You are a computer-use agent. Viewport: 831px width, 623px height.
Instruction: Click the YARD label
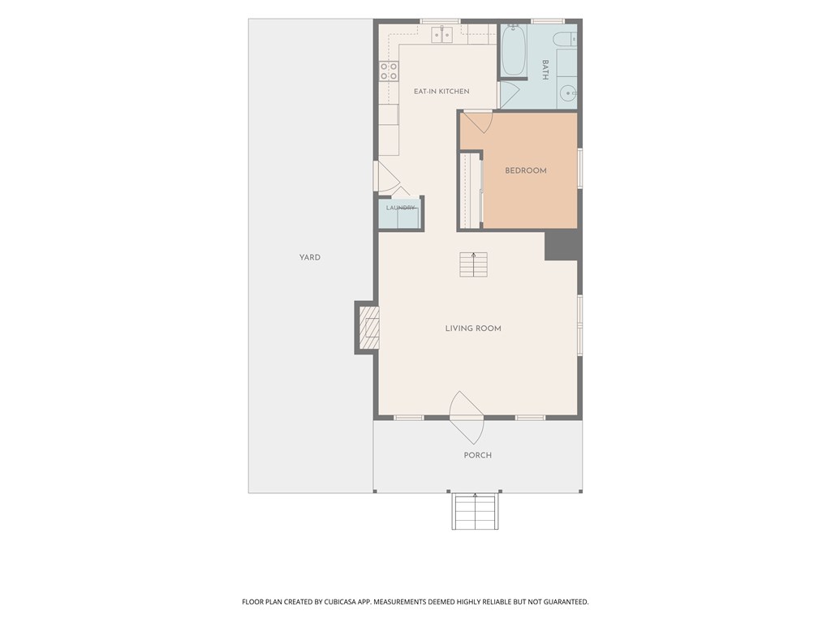(309, 257)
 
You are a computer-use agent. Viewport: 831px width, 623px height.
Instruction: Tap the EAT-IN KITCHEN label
(441, 91)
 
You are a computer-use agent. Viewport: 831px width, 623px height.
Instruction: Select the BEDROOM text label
(525, 170)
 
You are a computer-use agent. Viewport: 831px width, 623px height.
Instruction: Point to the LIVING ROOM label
(473, 329)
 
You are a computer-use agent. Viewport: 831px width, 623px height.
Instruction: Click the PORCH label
(477, 455)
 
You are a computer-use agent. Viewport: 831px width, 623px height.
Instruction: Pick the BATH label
(545, 70)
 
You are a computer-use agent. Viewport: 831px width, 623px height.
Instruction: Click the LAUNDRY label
(400, 208)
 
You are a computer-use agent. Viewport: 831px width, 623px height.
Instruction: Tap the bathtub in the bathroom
(514, 49)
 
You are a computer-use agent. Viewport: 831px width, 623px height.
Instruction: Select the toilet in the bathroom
(564, 39)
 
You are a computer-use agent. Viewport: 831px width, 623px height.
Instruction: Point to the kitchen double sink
(442, 35)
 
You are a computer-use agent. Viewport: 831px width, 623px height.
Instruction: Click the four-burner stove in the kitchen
(389, 71)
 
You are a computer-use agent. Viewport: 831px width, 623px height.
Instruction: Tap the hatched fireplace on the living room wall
(369, 329)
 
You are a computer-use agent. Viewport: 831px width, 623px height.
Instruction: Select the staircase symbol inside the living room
(473, 265)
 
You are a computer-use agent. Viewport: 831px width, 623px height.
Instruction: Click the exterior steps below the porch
(476, 511)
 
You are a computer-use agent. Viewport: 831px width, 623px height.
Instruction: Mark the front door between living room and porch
(467, 418)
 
